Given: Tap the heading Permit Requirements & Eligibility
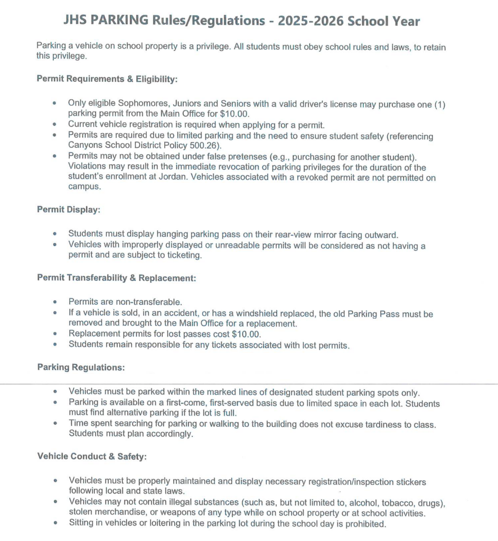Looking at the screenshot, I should pos(107,79).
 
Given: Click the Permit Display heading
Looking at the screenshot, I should pos(69,209).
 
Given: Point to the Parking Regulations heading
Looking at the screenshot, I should pos(81,367).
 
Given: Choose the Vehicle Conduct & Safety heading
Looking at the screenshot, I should pos(92,456).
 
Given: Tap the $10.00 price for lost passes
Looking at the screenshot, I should pos(246,334).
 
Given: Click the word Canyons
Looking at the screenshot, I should pos(84,145).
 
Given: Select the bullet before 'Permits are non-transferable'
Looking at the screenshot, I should pos(55,302).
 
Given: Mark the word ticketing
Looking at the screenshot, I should pos(184,255).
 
